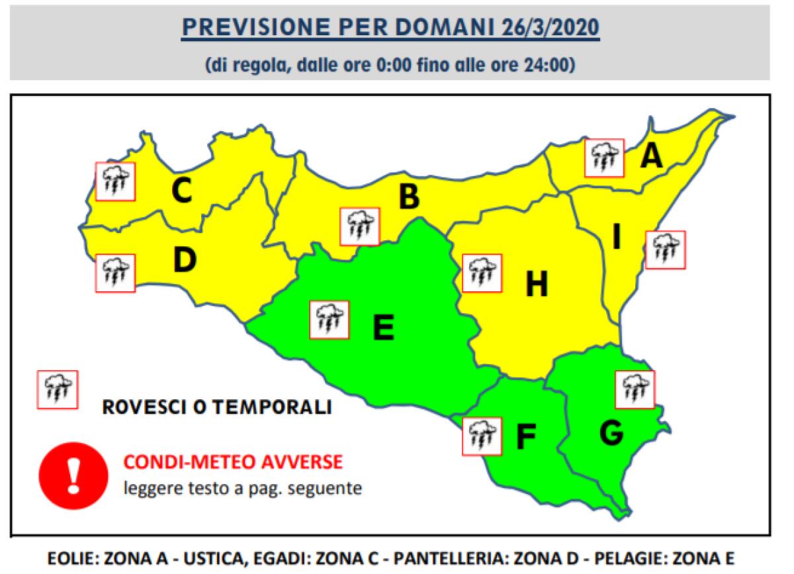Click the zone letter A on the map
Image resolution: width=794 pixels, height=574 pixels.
pos(652,156)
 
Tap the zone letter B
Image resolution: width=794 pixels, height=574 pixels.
pos(409,197)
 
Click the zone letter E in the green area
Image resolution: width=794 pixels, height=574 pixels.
pos(383,326)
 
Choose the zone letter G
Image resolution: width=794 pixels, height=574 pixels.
pos(611,432)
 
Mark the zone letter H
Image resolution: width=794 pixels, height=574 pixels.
pos(537,285)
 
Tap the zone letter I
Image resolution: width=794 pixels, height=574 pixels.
pos(617,238)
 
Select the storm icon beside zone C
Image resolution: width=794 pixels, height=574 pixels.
pos(115,181)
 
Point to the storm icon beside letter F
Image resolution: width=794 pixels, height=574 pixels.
pos(482,436)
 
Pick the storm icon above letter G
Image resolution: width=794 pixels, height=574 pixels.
pos(635,389)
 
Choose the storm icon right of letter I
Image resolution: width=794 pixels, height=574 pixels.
pos(665,250)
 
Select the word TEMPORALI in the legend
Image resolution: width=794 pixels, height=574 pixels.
pos(279,407)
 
